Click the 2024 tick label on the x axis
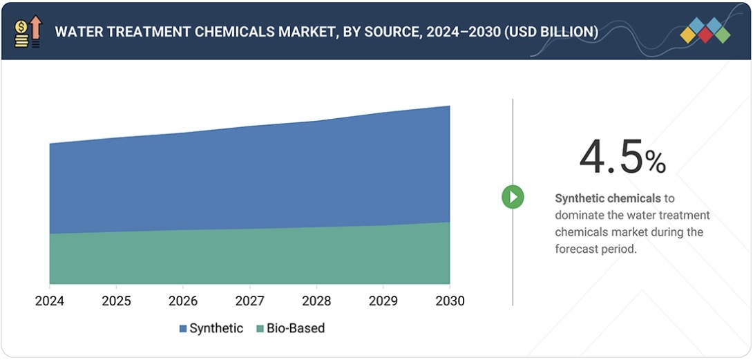(50, 301)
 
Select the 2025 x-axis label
(116, 301)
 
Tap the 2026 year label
(183, 301)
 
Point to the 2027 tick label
(249, 301)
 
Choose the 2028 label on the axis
(316, 301)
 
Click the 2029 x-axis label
(383, 301)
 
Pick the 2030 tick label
(450, 301)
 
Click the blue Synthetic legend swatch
(183, 329)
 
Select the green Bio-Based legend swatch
(260, 329)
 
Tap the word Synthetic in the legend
(216, 329)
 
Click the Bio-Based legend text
(296, 329)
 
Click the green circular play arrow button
(513, 197)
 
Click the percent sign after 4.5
(656, 162)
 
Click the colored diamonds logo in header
(705, 30)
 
